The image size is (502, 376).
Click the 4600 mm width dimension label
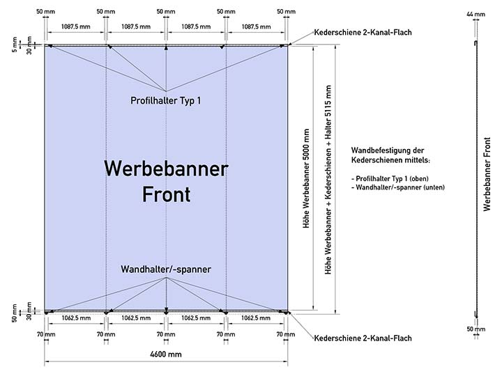tap(166, 354)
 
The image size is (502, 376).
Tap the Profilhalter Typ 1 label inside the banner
tap(166, 101)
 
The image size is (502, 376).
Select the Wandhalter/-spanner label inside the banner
tap(166, 269)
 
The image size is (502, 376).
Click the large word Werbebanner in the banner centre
tap(166, 169)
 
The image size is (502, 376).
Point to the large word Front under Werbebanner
tap(166, 194)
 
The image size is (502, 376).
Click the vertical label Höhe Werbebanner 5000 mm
tap(306, 178)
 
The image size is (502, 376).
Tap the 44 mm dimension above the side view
tap(476, 14)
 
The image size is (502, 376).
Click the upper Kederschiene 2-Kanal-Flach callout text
tap(363, 32)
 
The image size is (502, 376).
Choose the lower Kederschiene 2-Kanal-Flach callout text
tap(363, 338)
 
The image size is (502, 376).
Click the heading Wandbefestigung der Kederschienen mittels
tap(390, 155)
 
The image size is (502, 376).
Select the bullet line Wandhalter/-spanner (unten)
tap(398, 187)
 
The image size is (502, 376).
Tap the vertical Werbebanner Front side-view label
tap(487, 174)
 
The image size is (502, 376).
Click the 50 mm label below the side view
tap(476, 329)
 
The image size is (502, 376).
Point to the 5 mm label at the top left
tap(15, 45)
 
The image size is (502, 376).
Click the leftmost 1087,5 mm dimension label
tap(76, 26)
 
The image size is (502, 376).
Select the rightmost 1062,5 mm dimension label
tap(256, 318)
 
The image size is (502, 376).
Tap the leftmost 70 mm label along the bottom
tap(46, 334)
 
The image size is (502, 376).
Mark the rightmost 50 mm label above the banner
tap(287, 12)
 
